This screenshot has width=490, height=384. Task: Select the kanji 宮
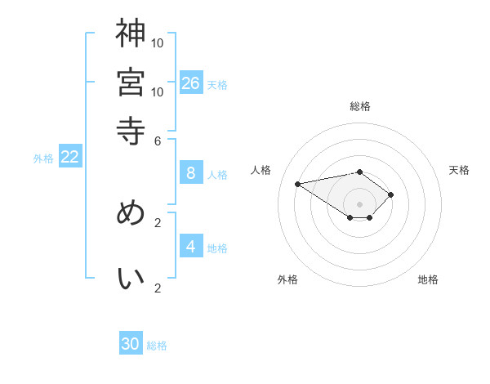coord(131,82)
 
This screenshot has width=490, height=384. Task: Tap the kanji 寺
coord(131,131)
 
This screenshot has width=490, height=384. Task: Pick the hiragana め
coord(131,212)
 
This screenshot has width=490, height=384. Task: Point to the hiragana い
coord(131,279)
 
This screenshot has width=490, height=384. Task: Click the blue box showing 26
coord(191,83)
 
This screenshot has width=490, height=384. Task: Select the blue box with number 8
coord(191,173)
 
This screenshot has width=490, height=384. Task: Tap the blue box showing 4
coord(191,247)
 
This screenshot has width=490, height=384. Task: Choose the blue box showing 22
coord(70,158)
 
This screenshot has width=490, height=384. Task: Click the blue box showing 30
coord(131,344)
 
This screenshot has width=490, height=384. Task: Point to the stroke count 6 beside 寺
coord(158,140)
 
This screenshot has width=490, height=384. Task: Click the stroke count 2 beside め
coord(158,221)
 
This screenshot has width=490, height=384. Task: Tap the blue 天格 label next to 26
coord(217,84)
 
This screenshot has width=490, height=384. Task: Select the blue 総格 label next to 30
coord(157,346)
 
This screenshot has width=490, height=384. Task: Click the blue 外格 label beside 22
coord(43,159)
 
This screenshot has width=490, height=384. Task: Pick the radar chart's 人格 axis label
coord(261,170)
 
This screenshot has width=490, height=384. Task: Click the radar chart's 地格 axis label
coord(428,279)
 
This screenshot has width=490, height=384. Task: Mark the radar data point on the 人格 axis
coord(298,183)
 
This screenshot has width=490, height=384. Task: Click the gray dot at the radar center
coord(359,203)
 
